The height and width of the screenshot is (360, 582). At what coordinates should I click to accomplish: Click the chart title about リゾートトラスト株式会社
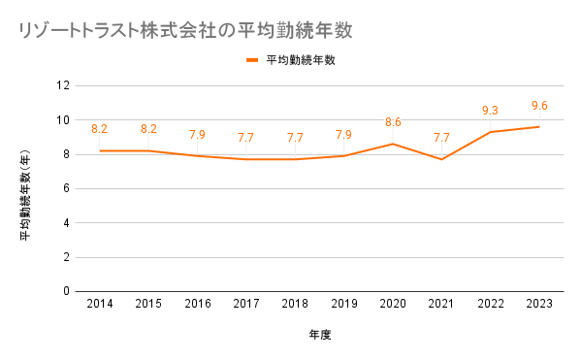pos(185,30)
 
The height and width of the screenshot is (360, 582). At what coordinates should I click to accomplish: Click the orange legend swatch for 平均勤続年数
pos(252,60)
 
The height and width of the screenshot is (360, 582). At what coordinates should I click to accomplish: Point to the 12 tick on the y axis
pos(63,85)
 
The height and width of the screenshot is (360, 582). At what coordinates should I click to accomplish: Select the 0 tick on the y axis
pos(66,291)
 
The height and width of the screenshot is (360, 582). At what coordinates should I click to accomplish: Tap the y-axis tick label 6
pos(66,188)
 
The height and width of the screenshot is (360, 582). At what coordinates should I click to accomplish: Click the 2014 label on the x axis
pos(100,304)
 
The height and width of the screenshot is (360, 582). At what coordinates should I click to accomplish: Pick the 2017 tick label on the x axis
pos(246,304)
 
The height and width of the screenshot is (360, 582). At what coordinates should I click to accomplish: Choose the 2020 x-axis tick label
pos(393,304)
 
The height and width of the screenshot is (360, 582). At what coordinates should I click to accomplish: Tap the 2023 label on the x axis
pos(539,304)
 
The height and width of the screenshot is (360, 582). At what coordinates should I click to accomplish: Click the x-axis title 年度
pos(320,335)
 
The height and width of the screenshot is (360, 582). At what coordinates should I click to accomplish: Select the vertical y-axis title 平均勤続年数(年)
pos(25,194)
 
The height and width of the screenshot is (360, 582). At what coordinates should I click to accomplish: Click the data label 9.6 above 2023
pos(539,106)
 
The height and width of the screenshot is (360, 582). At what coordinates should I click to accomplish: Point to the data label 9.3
pos(490,111)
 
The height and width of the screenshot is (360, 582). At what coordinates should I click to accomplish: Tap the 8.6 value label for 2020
pos(393,122)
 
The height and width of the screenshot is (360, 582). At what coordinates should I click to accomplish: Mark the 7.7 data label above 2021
pos(441,138)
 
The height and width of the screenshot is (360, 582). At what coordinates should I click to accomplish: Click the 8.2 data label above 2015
pos(148,129)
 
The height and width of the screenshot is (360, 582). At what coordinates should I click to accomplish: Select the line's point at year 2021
pos(441,159)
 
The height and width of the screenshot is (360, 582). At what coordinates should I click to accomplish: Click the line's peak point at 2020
pos(393,144)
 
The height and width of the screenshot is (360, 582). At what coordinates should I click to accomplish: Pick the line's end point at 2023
pos(539,127)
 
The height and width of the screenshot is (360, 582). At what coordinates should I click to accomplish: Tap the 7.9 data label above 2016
pos(198,134)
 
